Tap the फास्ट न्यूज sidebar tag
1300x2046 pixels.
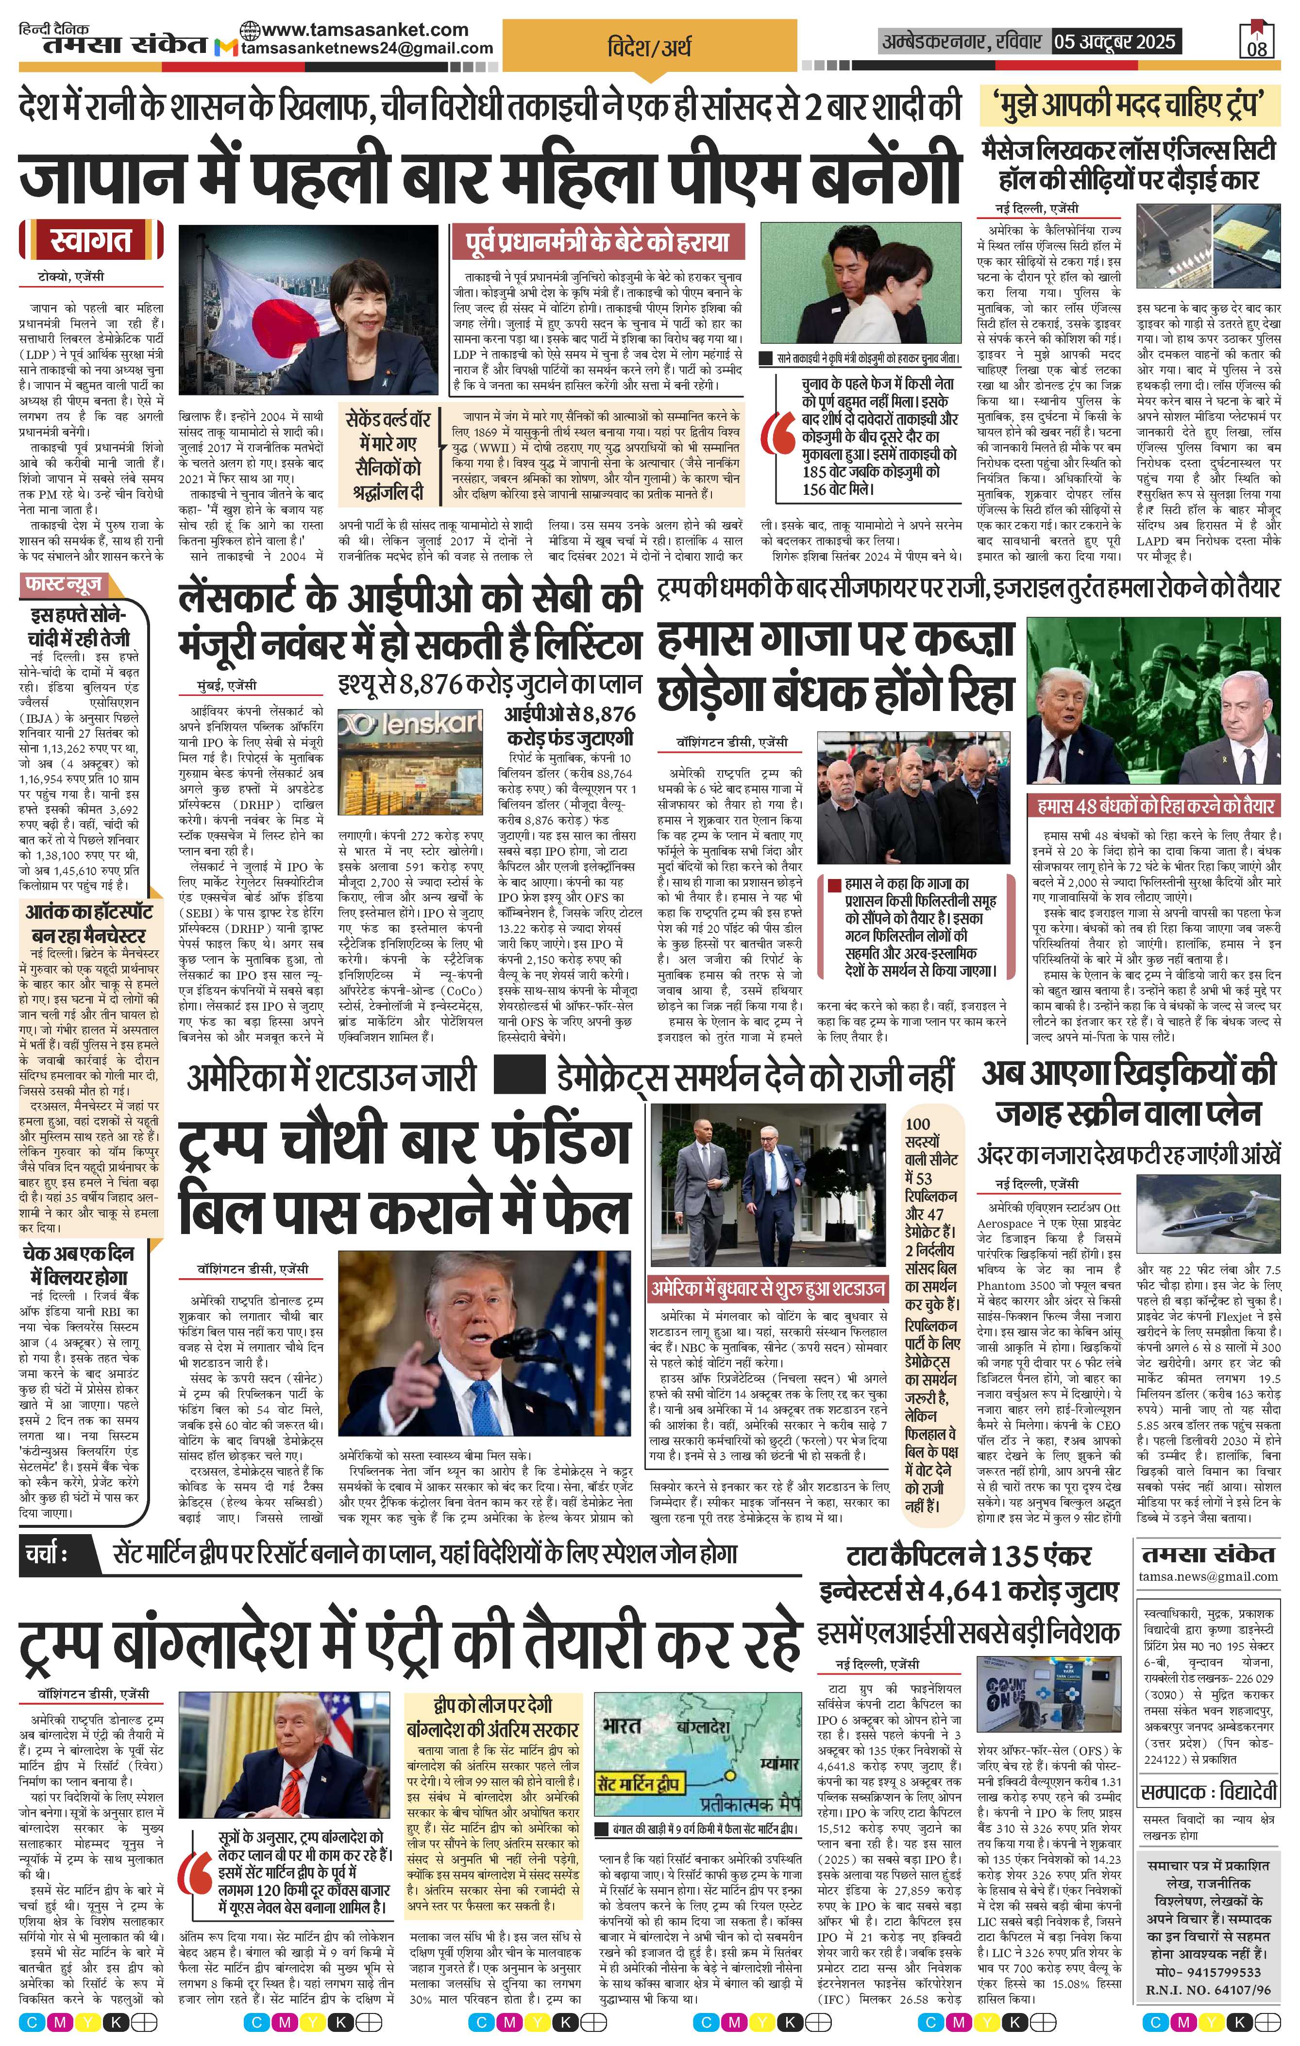point(65,585)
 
